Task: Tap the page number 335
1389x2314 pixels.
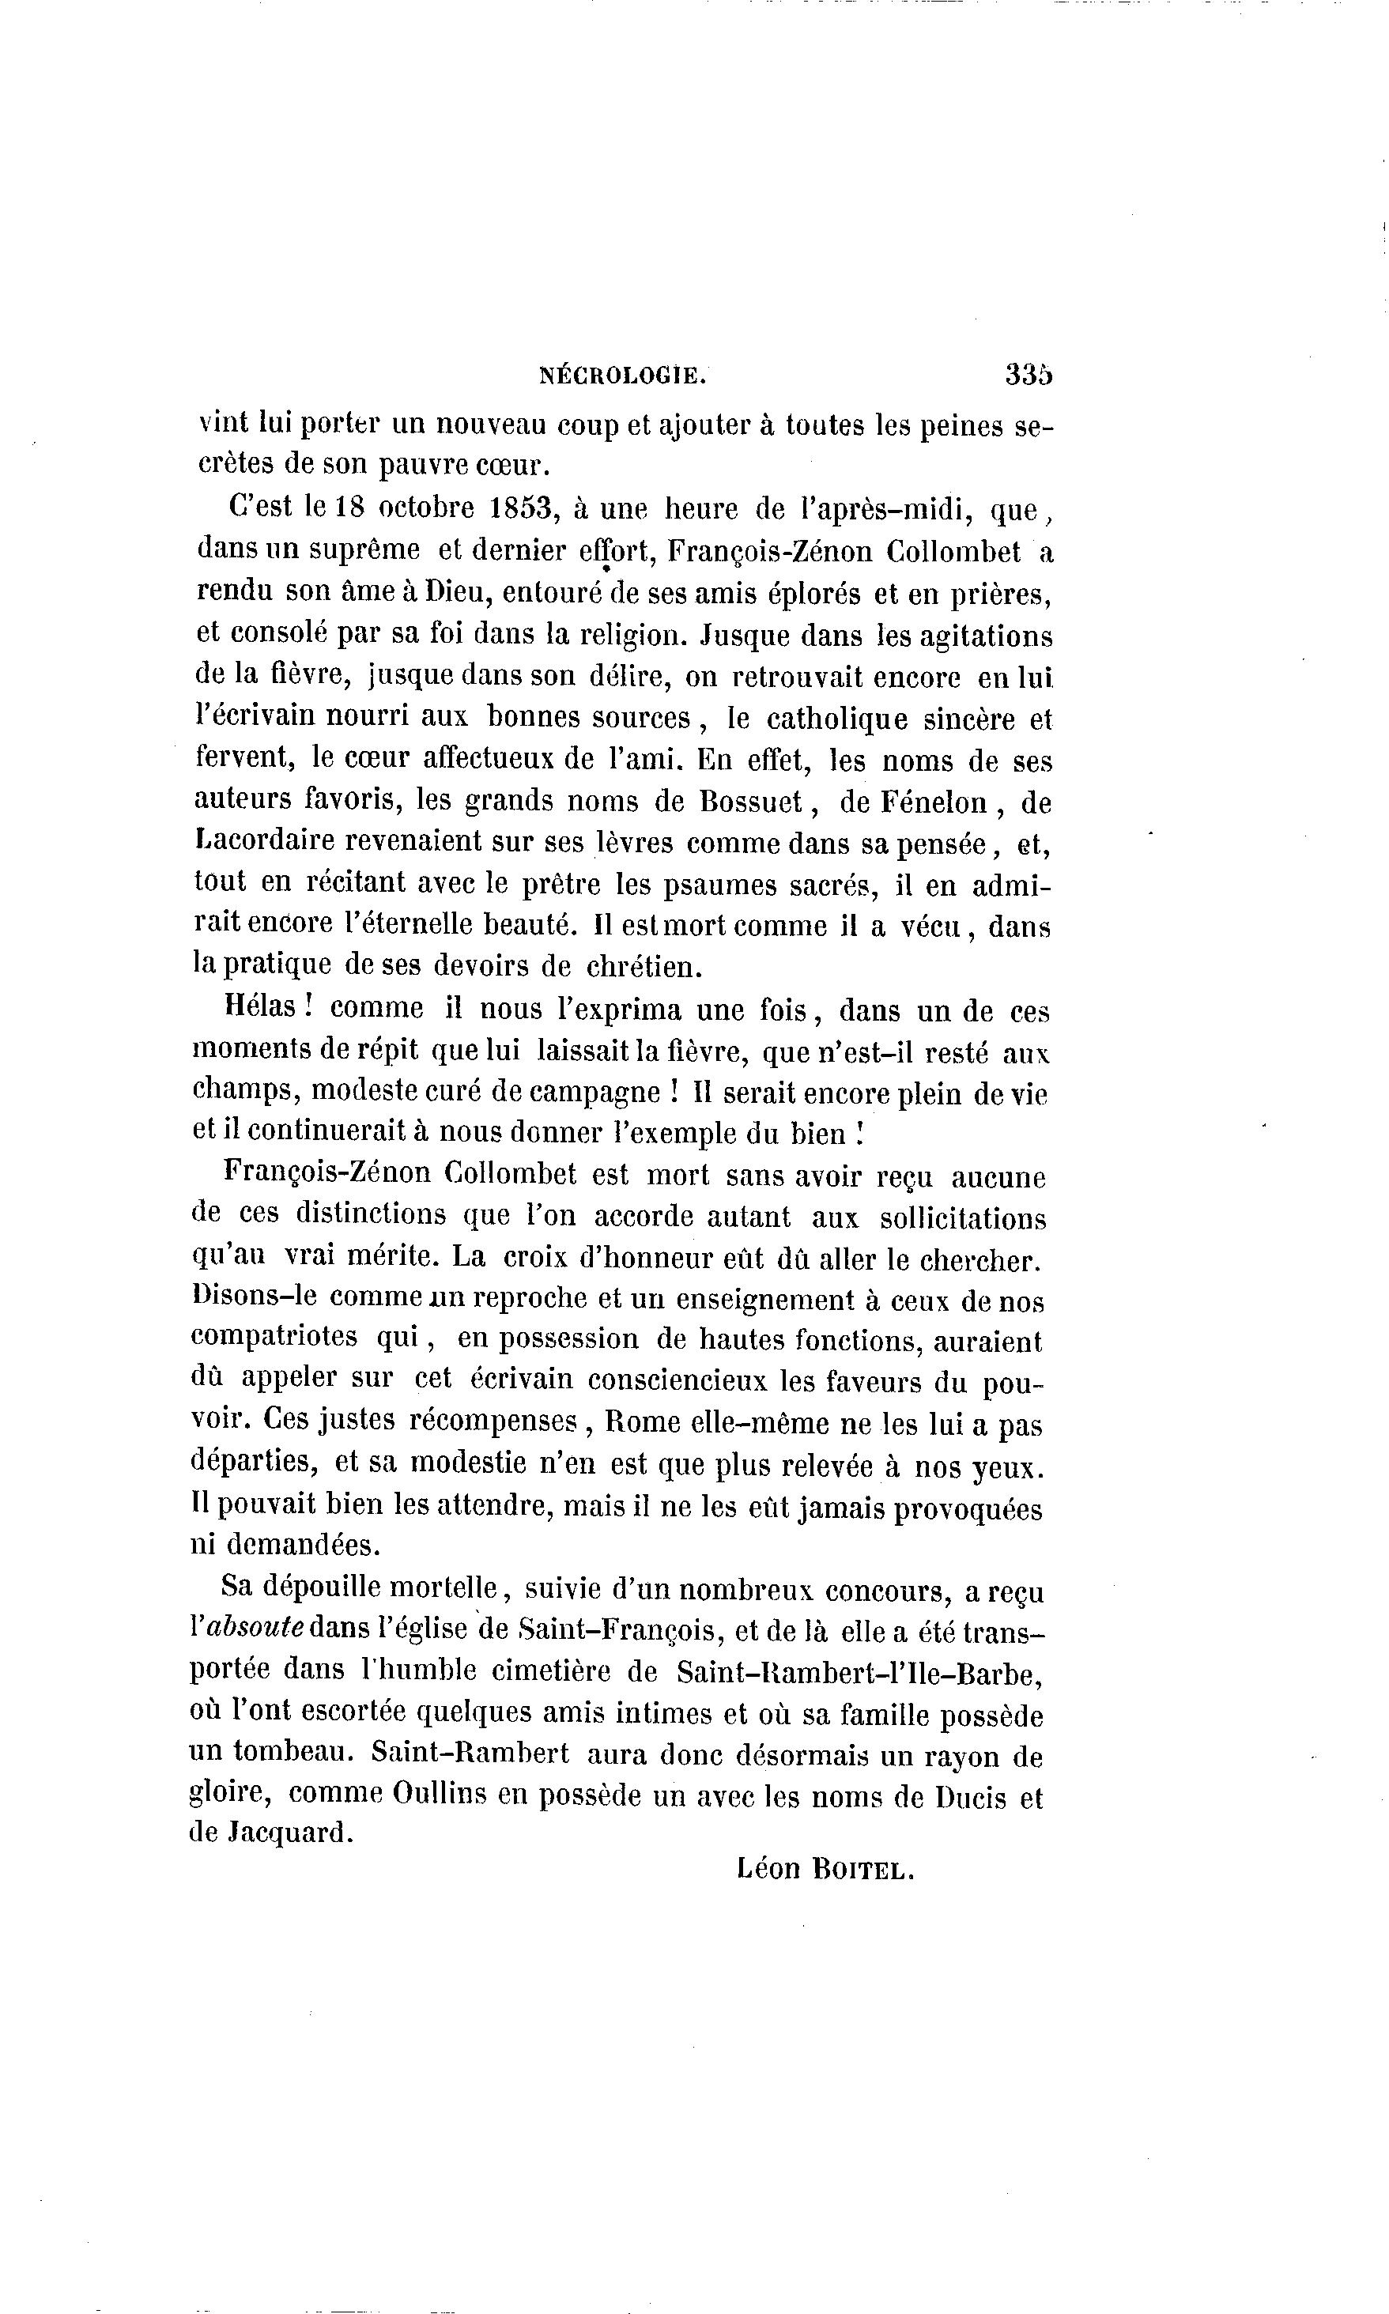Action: point(1029,374)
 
